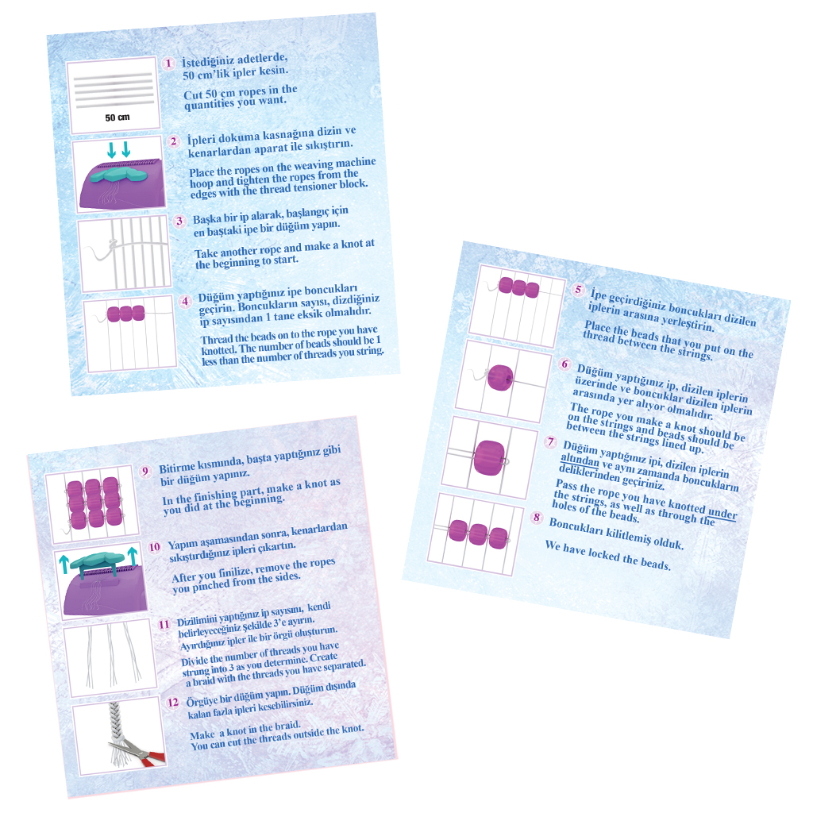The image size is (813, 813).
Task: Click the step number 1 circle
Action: (168, 64)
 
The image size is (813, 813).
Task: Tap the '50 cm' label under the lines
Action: (118, 118)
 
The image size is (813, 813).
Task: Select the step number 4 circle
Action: (185, 302)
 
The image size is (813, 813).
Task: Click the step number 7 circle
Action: (551, 441)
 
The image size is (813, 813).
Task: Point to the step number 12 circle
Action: (172, 703)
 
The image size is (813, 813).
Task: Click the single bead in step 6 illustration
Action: (500, 377)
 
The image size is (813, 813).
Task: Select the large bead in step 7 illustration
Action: (489, 457)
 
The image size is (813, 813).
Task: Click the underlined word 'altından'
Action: (580, 460)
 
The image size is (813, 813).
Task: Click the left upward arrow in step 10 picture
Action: (64, 564)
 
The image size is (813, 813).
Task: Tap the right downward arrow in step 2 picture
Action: (126, 150)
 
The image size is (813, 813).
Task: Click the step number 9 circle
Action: (145, 472)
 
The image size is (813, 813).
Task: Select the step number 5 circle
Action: (578, 289)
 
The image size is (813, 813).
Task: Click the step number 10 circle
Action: (155, 547)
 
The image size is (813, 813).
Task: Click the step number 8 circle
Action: (537, 517)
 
